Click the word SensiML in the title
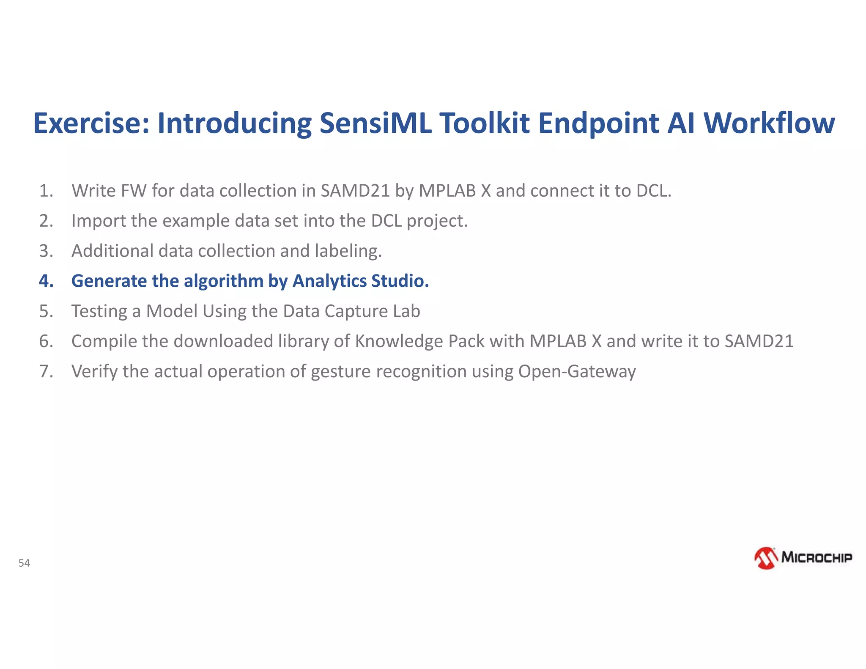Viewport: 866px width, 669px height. pos(375,123)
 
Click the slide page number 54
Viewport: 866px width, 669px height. pos(24,563)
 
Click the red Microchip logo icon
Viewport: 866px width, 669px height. pos(766,558)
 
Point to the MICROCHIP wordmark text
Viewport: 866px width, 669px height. pos(816,557)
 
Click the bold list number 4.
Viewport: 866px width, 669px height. pos(46,281)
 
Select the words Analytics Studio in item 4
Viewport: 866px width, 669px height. pos(361,281)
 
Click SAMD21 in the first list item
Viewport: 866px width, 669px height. pos(355,191)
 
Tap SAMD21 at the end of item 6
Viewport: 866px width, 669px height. pos(759,341)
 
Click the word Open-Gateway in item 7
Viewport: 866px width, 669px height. pos(577,371)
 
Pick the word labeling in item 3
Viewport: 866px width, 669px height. pos(348,251)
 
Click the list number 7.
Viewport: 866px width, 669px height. pos(46,371)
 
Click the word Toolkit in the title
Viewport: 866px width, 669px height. pos(485,123)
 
